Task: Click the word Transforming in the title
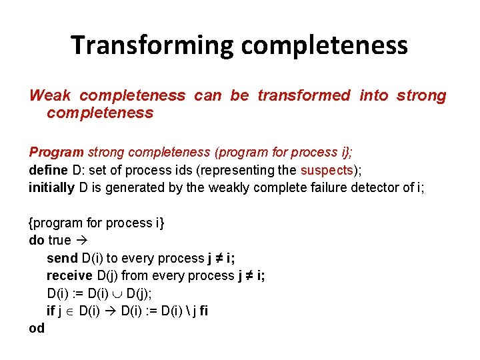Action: tap(152, 45)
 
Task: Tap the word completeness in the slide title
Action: tap(325, 45)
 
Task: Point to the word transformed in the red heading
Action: tap(303, 95)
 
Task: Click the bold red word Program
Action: tap(56, 153)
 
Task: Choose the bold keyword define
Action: tap(47, 170)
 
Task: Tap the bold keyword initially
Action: tap(51, 187)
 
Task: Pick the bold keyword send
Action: tap(62, 258)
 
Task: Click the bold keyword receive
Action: tap(69, 275)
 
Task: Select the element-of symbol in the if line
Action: tap(71, 311)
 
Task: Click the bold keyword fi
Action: tap(203, 311)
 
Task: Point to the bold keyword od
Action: tap(37, 328)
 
